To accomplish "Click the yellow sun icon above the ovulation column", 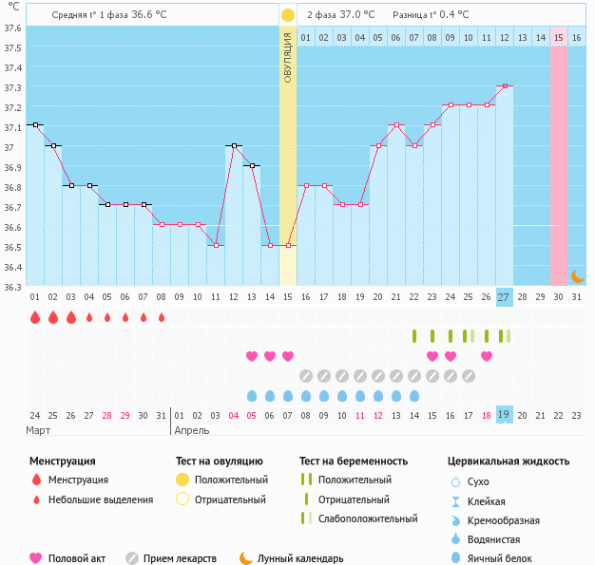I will coord(287,15).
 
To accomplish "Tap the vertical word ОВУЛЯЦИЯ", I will coord(287,57).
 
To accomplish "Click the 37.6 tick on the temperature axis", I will coord(11,28).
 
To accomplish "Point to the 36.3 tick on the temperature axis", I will coord(11,287).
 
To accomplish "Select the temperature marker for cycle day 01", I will coord(35,124).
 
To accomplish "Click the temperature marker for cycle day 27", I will coord(504,85).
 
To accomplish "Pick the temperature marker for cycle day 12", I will coord(234,145).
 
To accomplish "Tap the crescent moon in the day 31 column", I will coord(577,275).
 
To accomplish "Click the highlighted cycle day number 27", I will coord(504,297).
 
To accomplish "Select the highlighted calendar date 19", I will coord(504,415).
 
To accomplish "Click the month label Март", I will coord(39,430).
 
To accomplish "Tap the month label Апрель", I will coord(193,430).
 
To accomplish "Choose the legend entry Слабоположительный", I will coord(368,518).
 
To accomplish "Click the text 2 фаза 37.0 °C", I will coord(340,15).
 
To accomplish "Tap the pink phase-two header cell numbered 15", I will coord(559,37).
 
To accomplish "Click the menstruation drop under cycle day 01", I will coord(35,317).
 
